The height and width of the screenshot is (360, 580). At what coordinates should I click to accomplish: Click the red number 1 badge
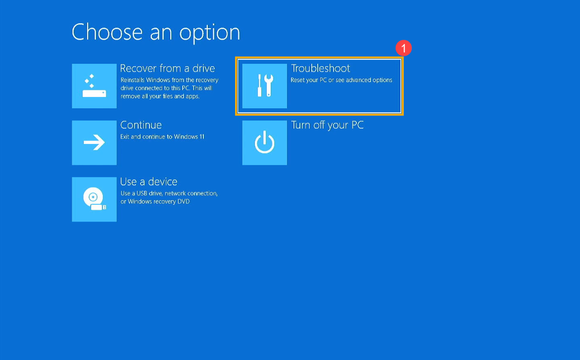[403, 48]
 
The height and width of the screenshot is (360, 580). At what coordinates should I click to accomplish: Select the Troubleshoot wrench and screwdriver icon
[264, 86]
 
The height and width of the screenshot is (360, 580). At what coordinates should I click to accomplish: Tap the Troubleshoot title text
[320, 68]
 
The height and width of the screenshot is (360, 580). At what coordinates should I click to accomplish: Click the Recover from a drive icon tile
[95, 86]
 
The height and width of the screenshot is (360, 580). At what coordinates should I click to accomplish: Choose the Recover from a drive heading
[168, 68]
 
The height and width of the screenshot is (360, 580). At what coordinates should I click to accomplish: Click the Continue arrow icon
[95, 143]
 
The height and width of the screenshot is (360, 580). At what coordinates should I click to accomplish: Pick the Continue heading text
[141, 125]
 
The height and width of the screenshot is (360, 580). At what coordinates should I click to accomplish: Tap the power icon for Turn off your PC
[264, 143]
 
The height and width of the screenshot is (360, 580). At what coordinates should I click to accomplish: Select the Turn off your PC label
[327, 125]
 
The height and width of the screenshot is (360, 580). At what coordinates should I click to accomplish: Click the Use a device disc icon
[95, 199]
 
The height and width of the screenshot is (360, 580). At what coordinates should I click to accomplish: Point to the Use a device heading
[148, 181]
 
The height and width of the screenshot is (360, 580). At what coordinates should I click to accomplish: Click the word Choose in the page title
[107, 32]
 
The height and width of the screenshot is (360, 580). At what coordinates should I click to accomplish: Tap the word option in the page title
[210, 33]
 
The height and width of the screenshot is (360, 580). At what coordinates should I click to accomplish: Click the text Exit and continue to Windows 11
[162, 137]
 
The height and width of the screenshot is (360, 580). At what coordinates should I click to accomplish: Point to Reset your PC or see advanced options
[341, 80]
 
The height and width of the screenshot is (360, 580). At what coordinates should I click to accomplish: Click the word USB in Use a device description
[142, 193]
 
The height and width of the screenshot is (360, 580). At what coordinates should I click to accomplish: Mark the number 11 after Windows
[202, 137]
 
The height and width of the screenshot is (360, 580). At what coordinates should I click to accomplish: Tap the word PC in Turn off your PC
[357, 125]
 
